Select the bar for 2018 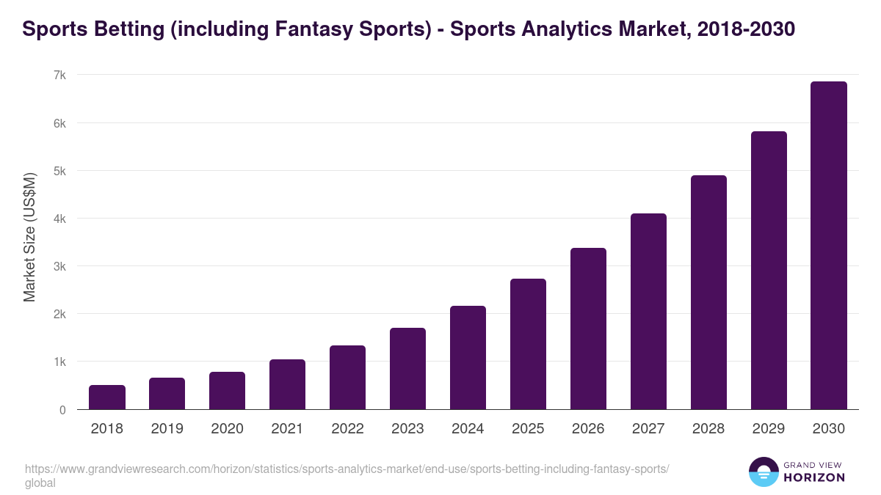tap(107, 397)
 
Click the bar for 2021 tap(287, 384)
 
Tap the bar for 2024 tap(468, 357)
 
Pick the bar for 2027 tap(648, 311)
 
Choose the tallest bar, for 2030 tap(829, 246)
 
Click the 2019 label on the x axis tap(167, 429)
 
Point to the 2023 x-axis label tap(407, 429)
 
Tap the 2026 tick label tap(588, 429)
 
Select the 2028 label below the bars tap(708, 429)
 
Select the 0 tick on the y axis tap(63, 410)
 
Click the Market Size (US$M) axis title tap(29, 236)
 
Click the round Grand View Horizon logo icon tap(763, 472)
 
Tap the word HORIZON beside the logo tap(814, 477)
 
